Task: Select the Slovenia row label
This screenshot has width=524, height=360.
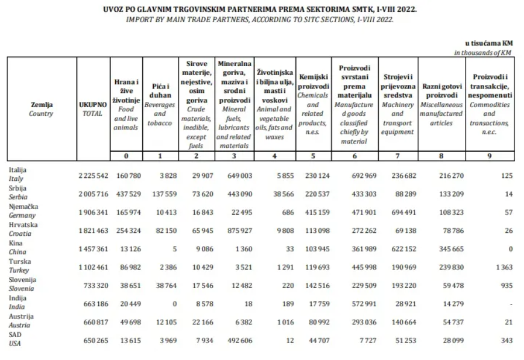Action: click(x=23, y=284)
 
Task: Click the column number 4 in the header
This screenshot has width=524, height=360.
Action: click(x=274, y=156)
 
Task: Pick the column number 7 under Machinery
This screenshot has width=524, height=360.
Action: click(x=398, y=156)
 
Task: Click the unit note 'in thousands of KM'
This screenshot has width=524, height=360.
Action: click(x=483, y=53)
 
